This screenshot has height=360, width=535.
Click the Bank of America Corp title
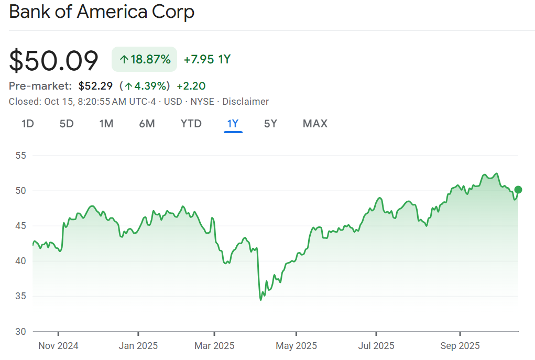(x=102, y=12)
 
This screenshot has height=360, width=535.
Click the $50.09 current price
(x=54, y=61)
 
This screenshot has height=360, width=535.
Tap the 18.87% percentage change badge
(x=144, y=60)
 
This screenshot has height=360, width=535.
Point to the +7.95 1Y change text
(x=207, y=60)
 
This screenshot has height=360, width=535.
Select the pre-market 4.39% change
(x=145, y=86)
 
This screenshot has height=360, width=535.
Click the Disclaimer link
(x=246, y=102)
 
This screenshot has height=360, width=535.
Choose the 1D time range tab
(x=28, y=124)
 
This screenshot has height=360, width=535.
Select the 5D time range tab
(x=67, y=124)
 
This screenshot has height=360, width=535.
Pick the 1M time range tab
(x=106, y=124)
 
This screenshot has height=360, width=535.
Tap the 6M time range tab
(x=147, y=124)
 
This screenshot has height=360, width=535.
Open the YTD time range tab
(x=191, y=124)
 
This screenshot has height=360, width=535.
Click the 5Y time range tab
(x=270, y=124)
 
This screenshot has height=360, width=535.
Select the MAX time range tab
(x=315, y=124)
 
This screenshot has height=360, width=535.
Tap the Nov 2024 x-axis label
(x=59, y=346)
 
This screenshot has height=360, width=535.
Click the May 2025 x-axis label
(x=297, y=346)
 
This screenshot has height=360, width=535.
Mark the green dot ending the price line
(x=518, y=190)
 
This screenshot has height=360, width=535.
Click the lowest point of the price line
(x=260, y=300)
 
